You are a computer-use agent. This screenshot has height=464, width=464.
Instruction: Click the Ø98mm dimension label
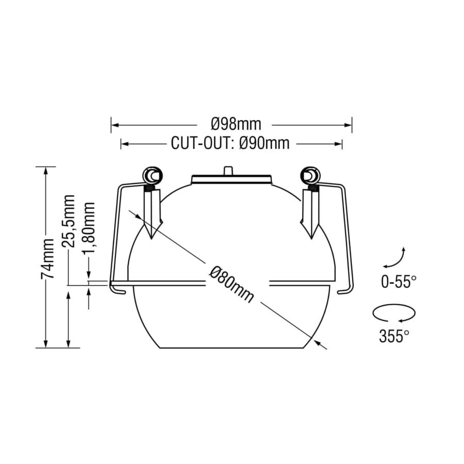tap(236, 124)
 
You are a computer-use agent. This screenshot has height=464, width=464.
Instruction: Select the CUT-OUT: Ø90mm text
tap(230, 143)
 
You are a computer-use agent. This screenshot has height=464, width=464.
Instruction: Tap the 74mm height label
tap(47, 258)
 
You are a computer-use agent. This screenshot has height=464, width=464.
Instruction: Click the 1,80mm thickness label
tap(89, 227)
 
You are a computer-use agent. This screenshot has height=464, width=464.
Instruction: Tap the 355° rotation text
tap(394, 336)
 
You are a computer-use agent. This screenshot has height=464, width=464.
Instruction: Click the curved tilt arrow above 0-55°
tap(395, 258)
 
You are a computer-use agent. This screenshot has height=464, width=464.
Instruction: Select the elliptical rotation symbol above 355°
tap(393, 313)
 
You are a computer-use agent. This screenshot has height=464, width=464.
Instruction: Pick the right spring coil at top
tap(311, 176)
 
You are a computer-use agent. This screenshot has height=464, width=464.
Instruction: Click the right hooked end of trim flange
tap(345, 291)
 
